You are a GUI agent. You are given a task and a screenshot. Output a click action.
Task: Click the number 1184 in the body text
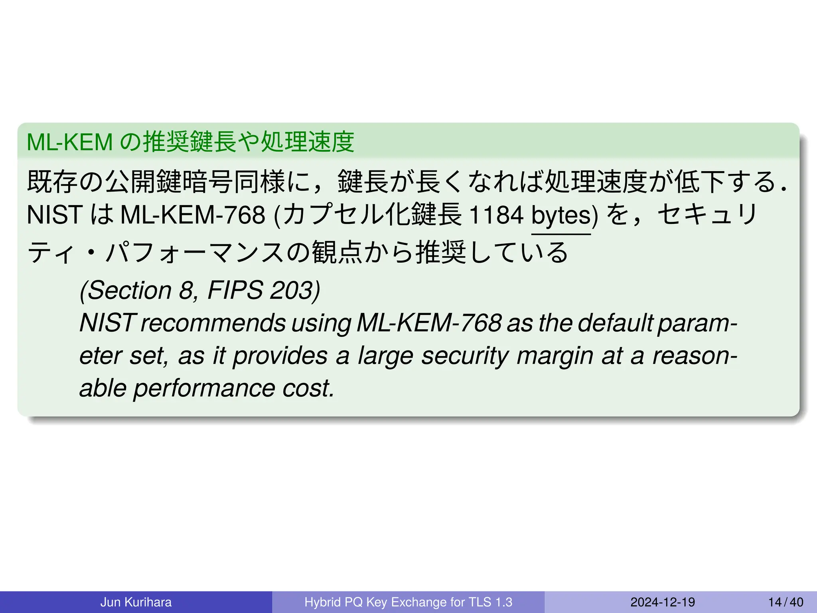tap(496, 215)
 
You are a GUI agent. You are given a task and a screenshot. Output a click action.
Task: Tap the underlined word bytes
tap(561, 216)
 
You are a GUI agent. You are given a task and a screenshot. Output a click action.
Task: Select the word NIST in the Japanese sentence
tap(55, 215)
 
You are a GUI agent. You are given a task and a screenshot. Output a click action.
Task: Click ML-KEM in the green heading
tap(70, 142)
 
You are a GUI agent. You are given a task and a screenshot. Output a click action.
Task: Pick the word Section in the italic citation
tap(129, 290)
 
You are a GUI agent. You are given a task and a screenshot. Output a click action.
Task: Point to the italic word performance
tap(204, 388)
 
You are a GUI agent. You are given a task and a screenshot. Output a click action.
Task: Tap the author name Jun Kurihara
tap(136, 602)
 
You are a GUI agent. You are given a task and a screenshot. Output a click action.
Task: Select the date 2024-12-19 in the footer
tap(662, 602)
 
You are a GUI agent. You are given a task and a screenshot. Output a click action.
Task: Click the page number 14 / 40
tap(785, 602)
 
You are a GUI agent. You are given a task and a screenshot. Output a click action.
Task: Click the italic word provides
tap(280, 356)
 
